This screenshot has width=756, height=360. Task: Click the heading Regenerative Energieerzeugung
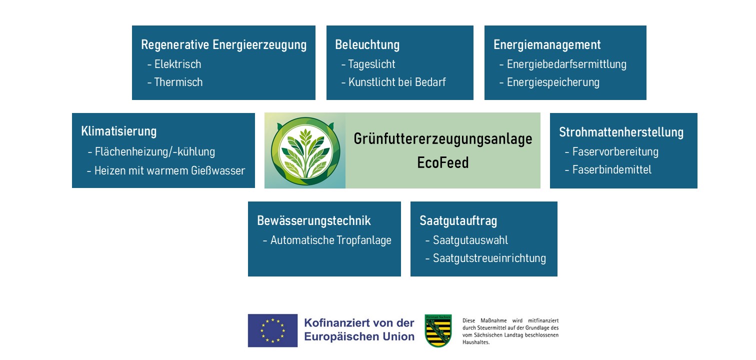click(x=224, y=45)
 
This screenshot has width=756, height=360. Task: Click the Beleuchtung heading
click(x=367, y=45)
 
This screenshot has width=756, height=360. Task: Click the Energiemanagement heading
click(x=547, y=45)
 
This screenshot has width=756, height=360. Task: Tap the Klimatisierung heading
click(x=119, y=131)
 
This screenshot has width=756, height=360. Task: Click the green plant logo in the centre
click(x=306, y=151)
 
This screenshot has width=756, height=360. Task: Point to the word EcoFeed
click(x=443, y=162)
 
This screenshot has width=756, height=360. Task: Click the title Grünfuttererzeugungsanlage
click(x=443, y=139)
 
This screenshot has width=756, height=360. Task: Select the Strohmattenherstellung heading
click(x=621, y=132)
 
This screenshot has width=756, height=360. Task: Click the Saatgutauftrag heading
click(x=458, y=221)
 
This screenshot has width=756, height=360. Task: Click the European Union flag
click(x=272, y=330)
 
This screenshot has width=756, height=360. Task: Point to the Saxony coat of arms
click(x=438, y=331)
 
